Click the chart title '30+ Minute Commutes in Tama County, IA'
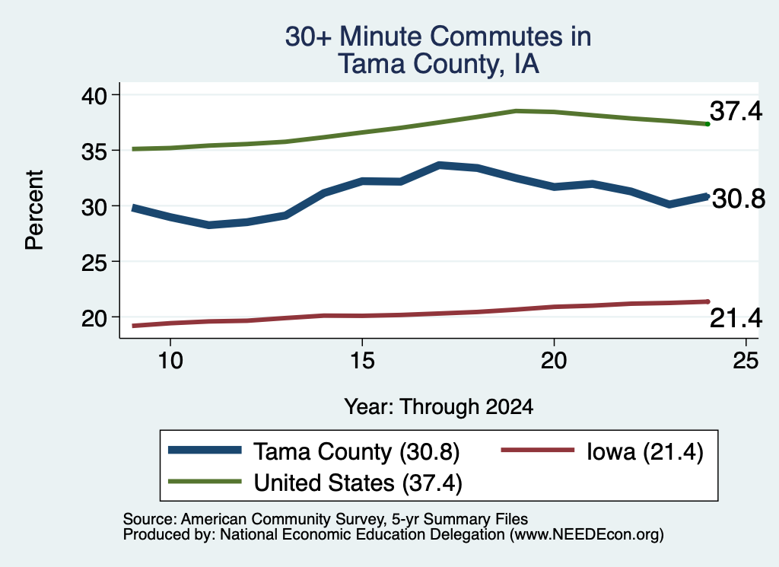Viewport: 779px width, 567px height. point(438,49)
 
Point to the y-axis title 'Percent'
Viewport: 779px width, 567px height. point(34,210)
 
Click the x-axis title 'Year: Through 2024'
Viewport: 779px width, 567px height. point(439,406)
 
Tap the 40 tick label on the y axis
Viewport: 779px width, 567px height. point(94,95)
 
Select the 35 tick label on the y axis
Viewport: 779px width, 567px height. point(94,151)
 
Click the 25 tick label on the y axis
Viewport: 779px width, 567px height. point(94,262)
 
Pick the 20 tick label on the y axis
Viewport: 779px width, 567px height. point(94,317)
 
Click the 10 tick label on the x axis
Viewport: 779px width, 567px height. point(170,360)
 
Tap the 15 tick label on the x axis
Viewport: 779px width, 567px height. point(362,360)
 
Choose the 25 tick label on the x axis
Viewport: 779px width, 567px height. point(746,360)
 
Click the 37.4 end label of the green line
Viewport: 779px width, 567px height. point(736,111)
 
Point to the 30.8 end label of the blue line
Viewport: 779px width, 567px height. point(739,199)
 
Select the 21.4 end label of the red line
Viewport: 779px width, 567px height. point(736,318)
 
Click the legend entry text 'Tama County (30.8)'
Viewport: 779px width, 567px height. point(357,452)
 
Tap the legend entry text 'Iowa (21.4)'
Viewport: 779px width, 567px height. point(645,452)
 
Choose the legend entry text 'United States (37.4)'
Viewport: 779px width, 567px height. point(358,483)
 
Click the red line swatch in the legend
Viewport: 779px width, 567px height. point(538,451)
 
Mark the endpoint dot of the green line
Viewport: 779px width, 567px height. point(707,124)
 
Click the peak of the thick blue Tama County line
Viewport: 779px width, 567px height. point(439,165)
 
